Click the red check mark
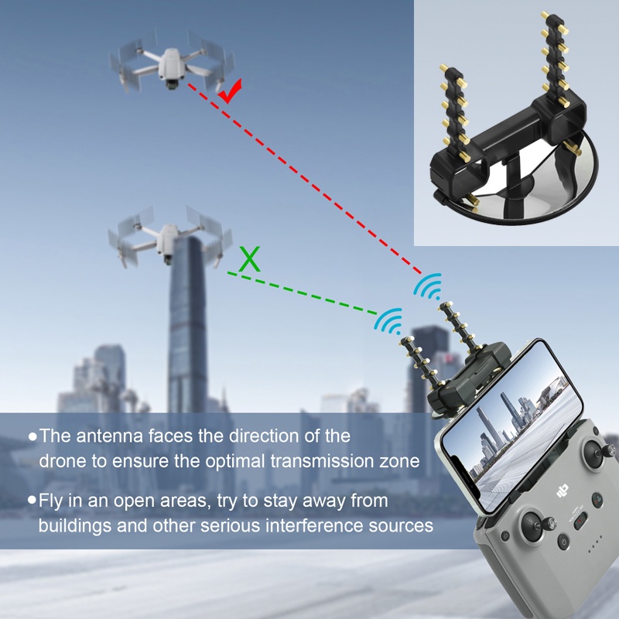pos(230,92)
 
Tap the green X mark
pos(249,259)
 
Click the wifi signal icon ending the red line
pos(426,288)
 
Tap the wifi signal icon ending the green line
pos(389,320)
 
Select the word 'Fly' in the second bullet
pos(53,501)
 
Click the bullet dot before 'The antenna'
pos(32,437)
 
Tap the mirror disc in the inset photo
pos(534,186)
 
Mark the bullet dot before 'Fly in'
pos(32,501)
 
